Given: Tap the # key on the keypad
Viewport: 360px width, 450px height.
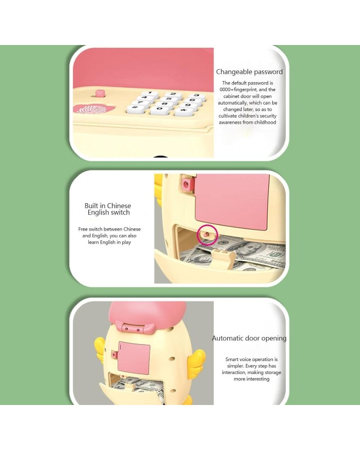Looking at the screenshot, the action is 135,109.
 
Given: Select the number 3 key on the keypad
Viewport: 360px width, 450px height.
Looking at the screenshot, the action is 196,96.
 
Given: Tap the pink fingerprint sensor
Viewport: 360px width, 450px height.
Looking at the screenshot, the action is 94,109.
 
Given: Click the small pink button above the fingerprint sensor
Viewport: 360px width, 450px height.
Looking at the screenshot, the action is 100,93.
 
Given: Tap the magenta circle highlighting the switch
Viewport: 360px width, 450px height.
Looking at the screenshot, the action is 208,235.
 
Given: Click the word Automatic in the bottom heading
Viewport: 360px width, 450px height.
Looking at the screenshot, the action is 228,339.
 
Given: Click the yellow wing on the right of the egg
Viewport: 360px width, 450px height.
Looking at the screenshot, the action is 197,360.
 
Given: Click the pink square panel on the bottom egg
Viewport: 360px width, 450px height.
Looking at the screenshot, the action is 134,358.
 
